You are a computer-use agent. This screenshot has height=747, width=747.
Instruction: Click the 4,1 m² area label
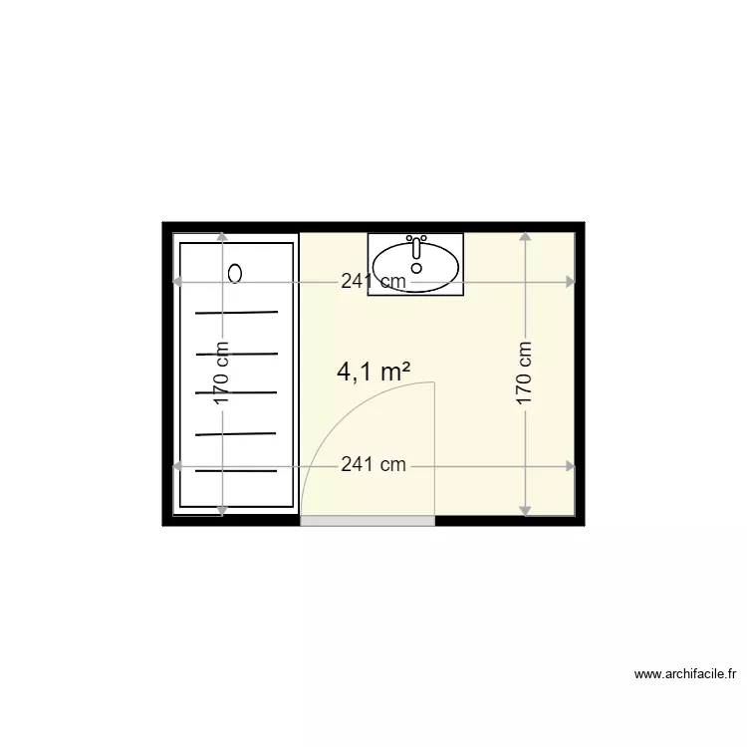[x=374, y=372]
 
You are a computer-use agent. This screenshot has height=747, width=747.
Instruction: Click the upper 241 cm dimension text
[x=373, y=282]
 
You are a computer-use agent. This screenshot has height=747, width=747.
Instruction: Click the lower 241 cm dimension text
[x=373, y=465]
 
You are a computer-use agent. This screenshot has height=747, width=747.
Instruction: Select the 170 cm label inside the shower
[x=222, y=373]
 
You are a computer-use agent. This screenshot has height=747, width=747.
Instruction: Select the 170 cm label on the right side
[x=524, y=373]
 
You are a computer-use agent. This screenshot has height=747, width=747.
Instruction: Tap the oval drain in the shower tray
[x=236, y=272]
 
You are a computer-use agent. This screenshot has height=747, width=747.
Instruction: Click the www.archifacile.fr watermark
[x=685, y=674]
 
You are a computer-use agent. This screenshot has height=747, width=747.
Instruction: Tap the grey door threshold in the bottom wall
[x=368, y=520]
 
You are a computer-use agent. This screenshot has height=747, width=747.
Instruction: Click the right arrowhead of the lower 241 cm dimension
[x=571, y=465]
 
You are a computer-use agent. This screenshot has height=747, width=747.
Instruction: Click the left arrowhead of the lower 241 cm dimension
[x=179, y=465]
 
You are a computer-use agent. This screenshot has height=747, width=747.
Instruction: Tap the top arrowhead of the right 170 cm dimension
[x=525, y=238]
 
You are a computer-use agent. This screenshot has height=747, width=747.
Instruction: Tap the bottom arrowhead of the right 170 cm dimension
[x=525, y=510]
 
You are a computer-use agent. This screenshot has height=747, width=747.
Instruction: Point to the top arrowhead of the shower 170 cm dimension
[x=222, y=238]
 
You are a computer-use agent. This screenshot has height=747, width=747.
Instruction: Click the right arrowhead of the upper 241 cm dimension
[x=571, y=282]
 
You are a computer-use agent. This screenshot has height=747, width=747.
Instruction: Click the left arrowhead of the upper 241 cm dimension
[x=179, y=282]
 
